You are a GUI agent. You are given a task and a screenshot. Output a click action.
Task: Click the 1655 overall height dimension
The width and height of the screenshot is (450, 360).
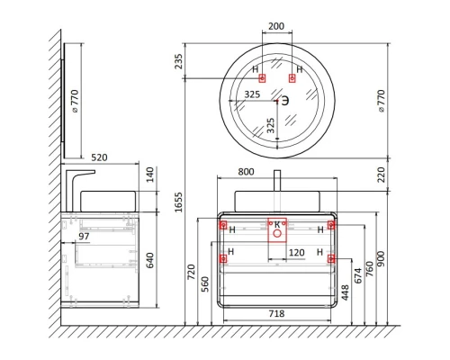click(179, 202)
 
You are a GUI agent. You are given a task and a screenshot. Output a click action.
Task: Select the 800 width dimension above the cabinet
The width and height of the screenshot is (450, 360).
click(246, 172)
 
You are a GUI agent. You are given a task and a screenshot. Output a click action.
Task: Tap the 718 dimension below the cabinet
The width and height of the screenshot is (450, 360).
click(276, 314)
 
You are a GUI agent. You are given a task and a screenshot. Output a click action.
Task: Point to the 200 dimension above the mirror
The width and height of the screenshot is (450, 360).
click(276, 26)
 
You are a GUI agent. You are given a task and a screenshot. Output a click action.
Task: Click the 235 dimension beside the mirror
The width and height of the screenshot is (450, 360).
click(179, 61)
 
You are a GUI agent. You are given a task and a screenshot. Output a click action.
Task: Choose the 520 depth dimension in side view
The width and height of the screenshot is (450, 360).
click(99, 157)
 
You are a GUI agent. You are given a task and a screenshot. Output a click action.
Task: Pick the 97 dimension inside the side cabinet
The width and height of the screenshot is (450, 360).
click(84, 237)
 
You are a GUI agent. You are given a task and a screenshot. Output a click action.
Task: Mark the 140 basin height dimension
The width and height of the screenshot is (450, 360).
click(149, 175)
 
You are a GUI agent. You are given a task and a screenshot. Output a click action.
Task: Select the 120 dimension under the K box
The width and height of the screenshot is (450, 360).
click(297, 253)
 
